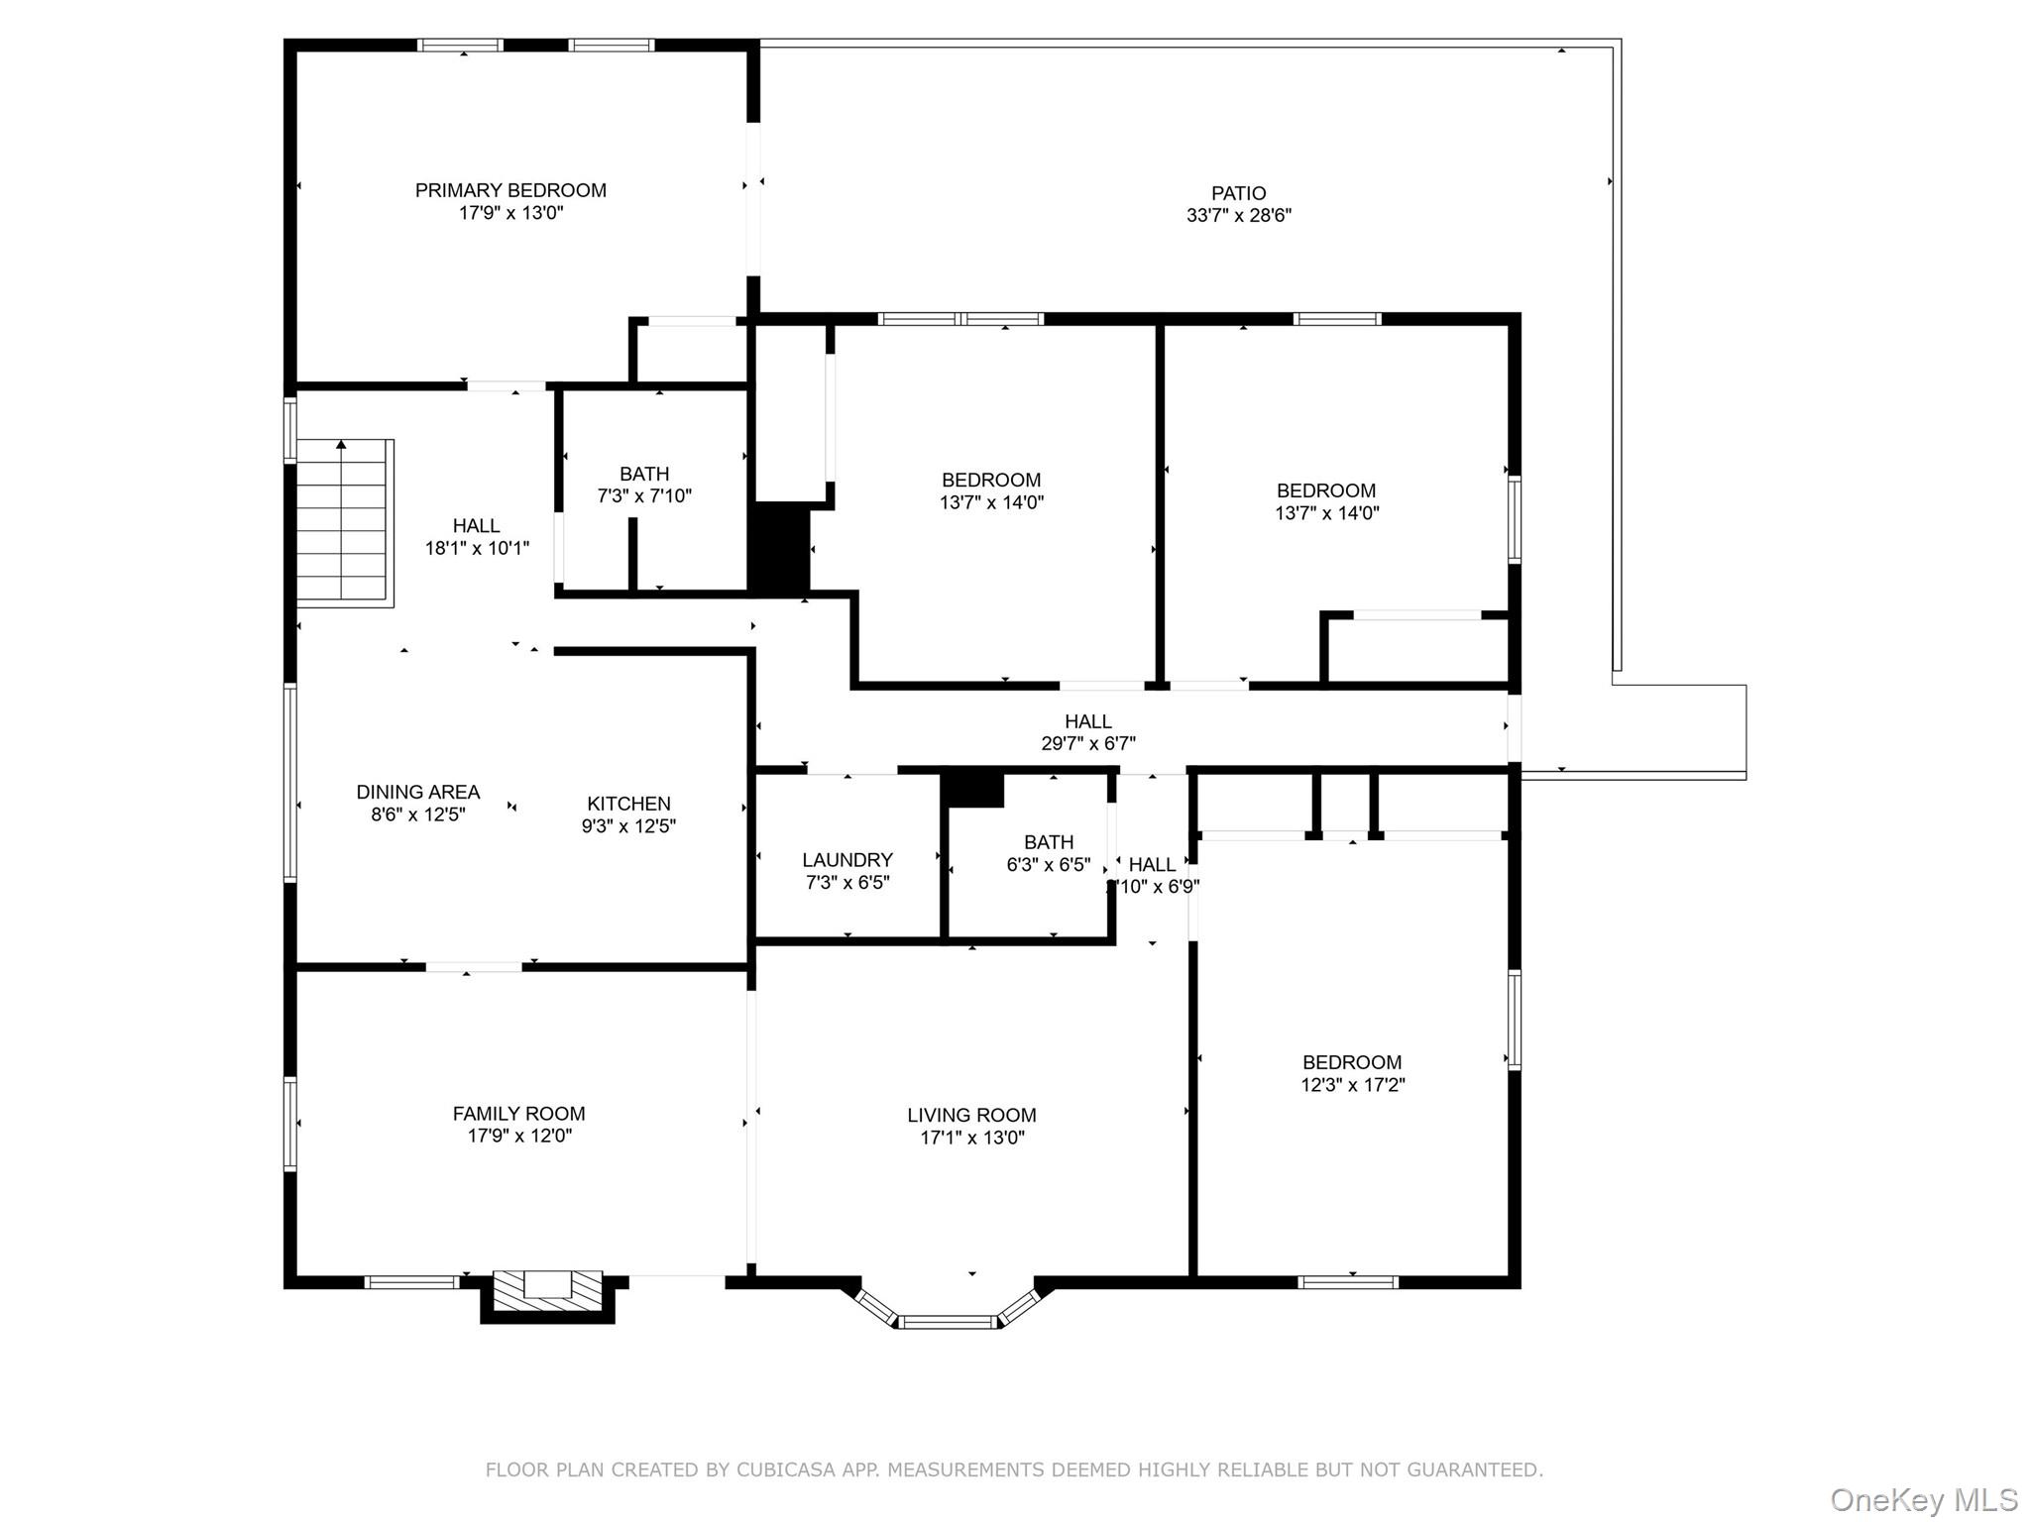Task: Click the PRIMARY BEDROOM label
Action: click(510, 190)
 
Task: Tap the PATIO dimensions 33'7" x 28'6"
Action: click(1238, 215)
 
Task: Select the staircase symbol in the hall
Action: click(343, 522)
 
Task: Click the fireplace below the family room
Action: click(547, 1292)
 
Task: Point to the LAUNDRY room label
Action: click(846, 860)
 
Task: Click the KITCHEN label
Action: click(628, 804)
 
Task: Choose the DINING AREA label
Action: click(417, 792)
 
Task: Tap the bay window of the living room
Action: click(947, 1318)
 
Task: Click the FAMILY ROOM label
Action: click(518, 1114)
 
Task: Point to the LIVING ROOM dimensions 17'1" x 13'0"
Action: click(971, 1138)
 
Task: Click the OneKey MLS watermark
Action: click(1923, 1499)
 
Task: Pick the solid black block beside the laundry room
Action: click(973, 790)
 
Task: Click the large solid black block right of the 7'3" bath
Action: click(779, 548)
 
